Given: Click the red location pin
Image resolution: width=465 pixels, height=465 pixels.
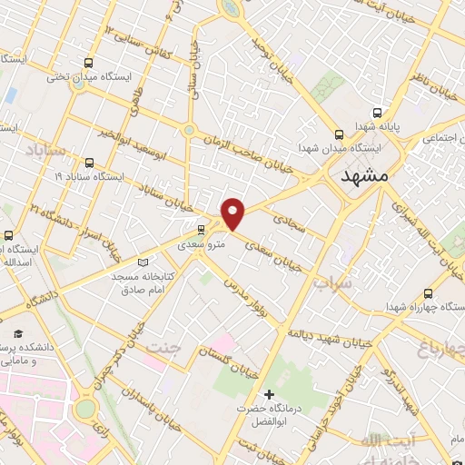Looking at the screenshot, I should point(234,213).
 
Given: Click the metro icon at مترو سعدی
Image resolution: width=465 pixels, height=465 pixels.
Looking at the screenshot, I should point(201,230).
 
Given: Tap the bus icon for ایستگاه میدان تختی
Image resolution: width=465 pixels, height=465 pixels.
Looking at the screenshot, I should point(88,64).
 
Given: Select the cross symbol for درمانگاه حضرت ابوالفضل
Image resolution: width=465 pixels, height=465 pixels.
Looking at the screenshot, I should point(269,394).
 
